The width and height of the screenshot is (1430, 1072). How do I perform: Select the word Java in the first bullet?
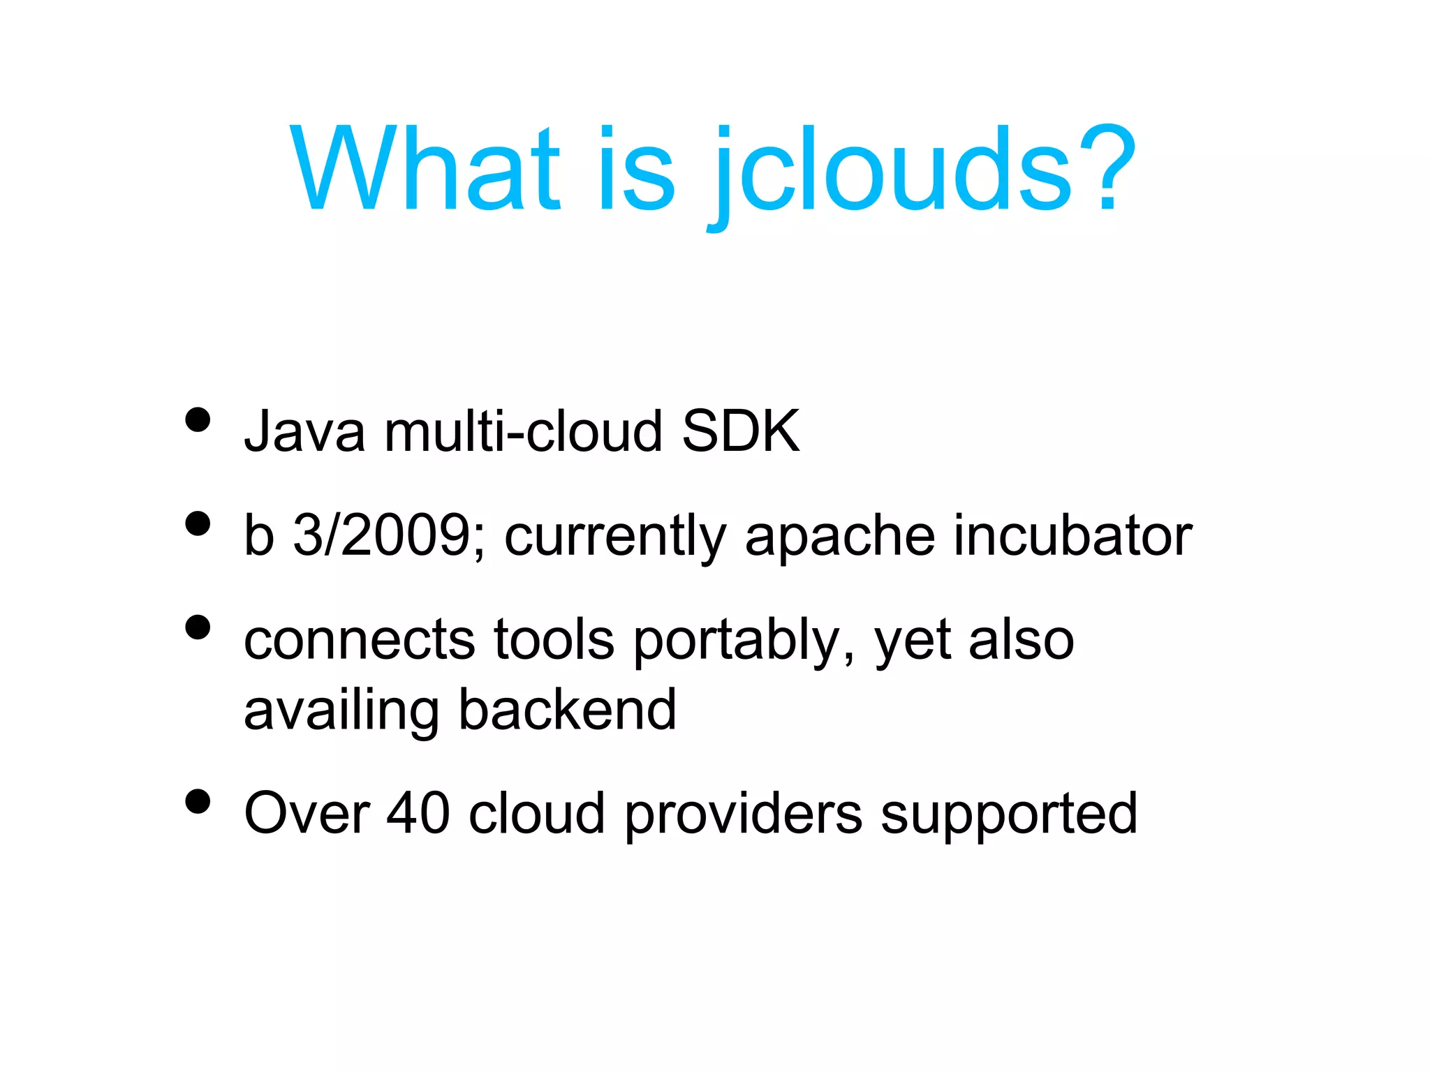tap(304, 431)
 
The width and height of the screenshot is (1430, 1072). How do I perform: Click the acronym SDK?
tap(740, 431)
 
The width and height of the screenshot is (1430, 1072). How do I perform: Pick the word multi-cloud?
tap(523, 431)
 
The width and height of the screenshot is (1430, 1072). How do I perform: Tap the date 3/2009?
tap(388, 535)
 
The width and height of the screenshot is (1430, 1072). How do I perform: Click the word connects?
tap(360, 640)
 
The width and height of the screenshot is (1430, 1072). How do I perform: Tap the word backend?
tap(567, 710)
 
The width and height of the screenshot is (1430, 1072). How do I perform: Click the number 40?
tap(418, 813)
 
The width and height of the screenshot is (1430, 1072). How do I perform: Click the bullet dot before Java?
tap(198, 420)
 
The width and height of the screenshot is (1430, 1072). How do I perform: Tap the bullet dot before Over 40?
tap(198, 802)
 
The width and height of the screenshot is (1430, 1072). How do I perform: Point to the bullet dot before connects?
tap(198, 627)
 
